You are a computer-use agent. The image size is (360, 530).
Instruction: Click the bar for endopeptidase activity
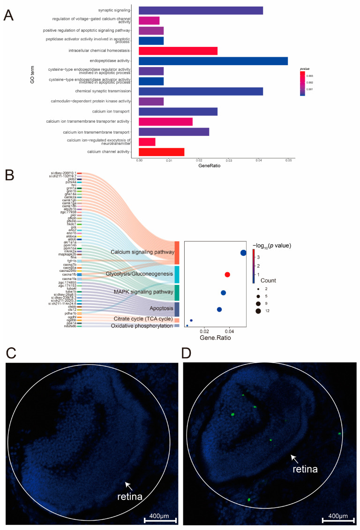(x=213, y=61)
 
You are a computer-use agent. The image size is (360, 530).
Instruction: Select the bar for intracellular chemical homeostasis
(x=178, y=51)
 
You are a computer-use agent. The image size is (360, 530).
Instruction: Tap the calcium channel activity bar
(x=162, y=151)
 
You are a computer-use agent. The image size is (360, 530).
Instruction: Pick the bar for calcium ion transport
(x=178, y=111)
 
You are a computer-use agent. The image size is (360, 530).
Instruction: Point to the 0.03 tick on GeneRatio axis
(x=229, y=160)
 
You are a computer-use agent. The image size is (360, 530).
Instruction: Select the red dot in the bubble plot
(x=227, y=275)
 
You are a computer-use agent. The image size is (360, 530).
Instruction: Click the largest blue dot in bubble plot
(x=243, y=253)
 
